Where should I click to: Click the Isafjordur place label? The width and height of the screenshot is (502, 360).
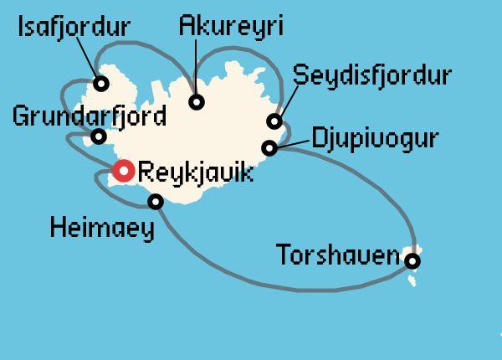point(74,28)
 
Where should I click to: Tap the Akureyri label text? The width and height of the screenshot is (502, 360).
point(232,26)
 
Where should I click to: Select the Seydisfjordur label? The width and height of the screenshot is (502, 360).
point(371,76)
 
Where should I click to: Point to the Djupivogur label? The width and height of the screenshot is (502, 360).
point(374,138)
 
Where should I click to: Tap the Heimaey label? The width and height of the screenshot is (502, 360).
point(102,228)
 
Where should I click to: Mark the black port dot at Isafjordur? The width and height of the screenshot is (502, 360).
point(101,83)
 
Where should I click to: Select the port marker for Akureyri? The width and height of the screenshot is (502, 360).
point(197,102)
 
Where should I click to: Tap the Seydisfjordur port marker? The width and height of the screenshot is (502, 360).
point(274,121)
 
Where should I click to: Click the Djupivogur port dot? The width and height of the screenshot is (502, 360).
point(269,148)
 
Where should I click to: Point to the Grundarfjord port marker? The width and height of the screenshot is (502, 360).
point(99,136)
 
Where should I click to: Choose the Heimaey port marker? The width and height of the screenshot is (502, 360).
point(155,201)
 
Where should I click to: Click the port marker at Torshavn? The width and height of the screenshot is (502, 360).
point(412,261)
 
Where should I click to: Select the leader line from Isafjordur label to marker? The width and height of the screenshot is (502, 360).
point(92,63)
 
